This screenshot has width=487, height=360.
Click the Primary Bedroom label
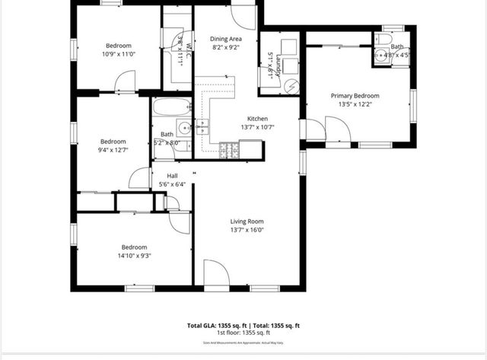pos(355,96)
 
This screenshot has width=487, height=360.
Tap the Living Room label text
pos(247,221)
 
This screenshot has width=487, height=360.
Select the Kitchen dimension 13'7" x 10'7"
pos(257,127)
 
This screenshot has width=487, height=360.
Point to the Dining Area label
pos(226,39)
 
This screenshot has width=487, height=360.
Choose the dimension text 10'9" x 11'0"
pos(118,54)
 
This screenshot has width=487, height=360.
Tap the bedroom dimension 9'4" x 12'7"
pos(113,150)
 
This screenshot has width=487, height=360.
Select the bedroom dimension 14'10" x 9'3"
pos(134,256)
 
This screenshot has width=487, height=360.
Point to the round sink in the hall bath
pos(183,126)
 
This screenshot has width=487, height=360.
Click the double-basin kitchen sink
pos(203,127)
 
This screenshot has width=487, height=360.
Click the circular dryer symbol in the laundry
pos(290,86)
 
